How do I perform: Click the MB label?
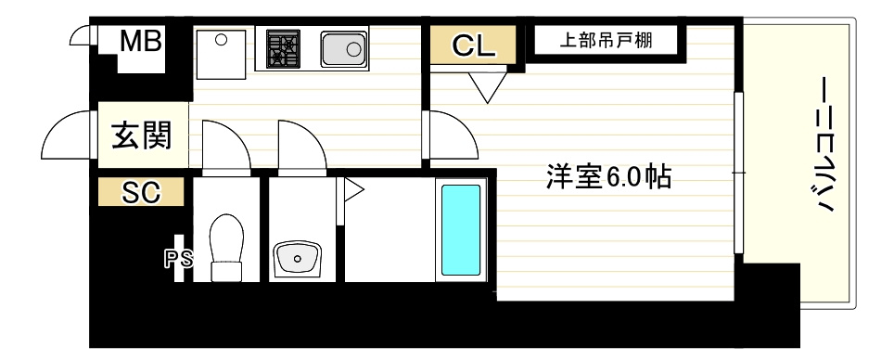click(140, 42)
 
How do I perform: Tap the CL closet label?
click(473, 45)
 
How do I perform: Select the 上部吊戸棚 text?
click(606, 41)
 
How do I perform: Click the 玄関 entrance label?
click(141, 135)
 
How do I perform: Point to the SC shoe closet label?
click(141, 193)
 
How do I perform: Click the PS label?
click(178, 260)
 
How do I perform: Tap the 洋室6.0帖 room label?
click(608, 177)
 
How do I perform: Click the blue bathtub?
click(461, 229)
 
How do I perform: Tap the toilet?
click(226, 248)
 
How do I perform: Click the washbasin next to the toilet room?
click(297, 259)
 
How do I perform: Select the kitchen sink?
click(343, 49)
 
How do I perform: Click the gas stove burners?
click(284, 49)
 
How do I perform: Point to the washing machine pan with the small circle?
click(222, 54)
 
